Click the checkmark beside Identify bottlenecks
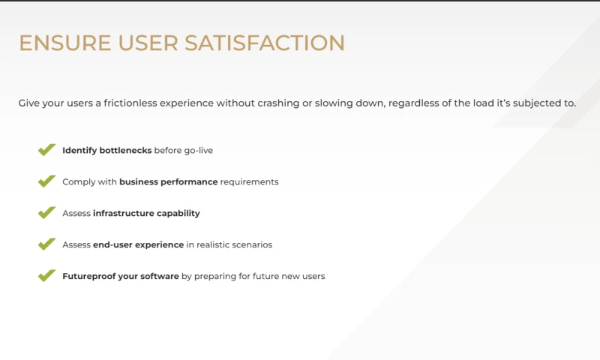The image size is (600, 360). [x=46, y=150]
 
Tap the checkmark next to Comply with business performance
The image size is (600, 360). [x=46, y=181]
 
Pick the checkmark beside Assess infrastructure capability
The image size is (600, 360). [x=46, y=213]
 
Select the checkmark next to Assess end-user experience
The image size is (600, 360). [x=46, y=244]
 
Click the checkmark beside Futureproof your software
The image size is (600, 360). [x=46, y=276]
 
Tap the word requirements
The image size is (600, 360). [x=249, y=181]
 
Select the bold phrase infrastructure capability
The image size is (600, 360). [x=146, y=213]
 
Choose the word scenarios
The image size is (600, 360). [x=252, y=244]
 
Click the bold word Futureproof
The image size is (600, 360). [x=91, y=276]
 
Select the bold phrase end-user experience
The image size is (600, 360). [x=138, y=244]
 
